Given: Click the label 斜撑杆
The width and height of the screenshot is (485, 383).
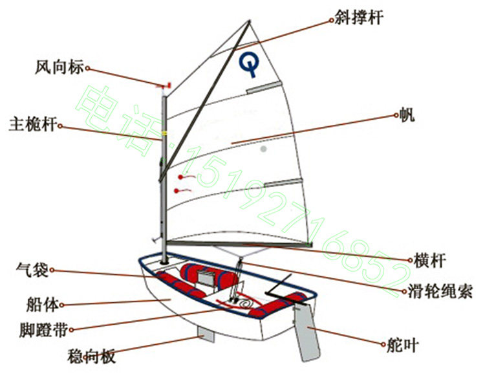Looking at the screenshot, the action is [359, 17].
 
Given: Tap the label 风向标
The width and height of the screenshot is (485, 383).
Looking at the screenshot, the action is [59, 67].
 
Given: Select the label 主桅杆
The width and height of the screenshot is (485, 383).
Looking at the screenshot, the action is [32, 124].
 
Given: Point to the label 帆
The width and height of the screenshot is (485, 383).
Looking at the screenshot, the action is [407, 116].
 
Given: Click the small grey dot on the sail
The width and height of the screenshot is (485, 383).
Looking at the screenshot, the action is [263, 149].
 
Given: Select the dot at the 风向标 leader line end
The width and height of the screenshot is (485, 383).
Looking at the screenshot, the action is [87, 67].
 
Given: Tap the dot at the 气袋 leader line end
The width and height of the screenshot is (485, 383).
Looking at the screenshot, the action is [52, 270].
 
